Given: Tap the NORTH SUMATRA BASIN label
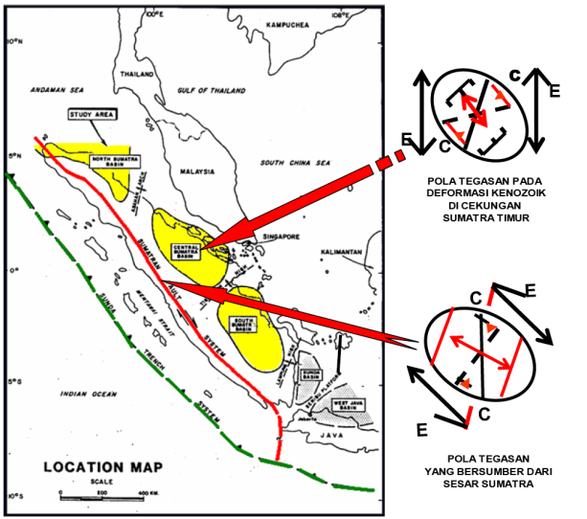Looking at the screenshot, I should click(x=111, y=162).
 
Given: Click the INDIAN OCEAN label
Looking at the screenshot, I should click(x=87, y=394).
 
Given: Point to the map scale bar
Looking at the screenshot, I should click(x=102, y=493).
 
